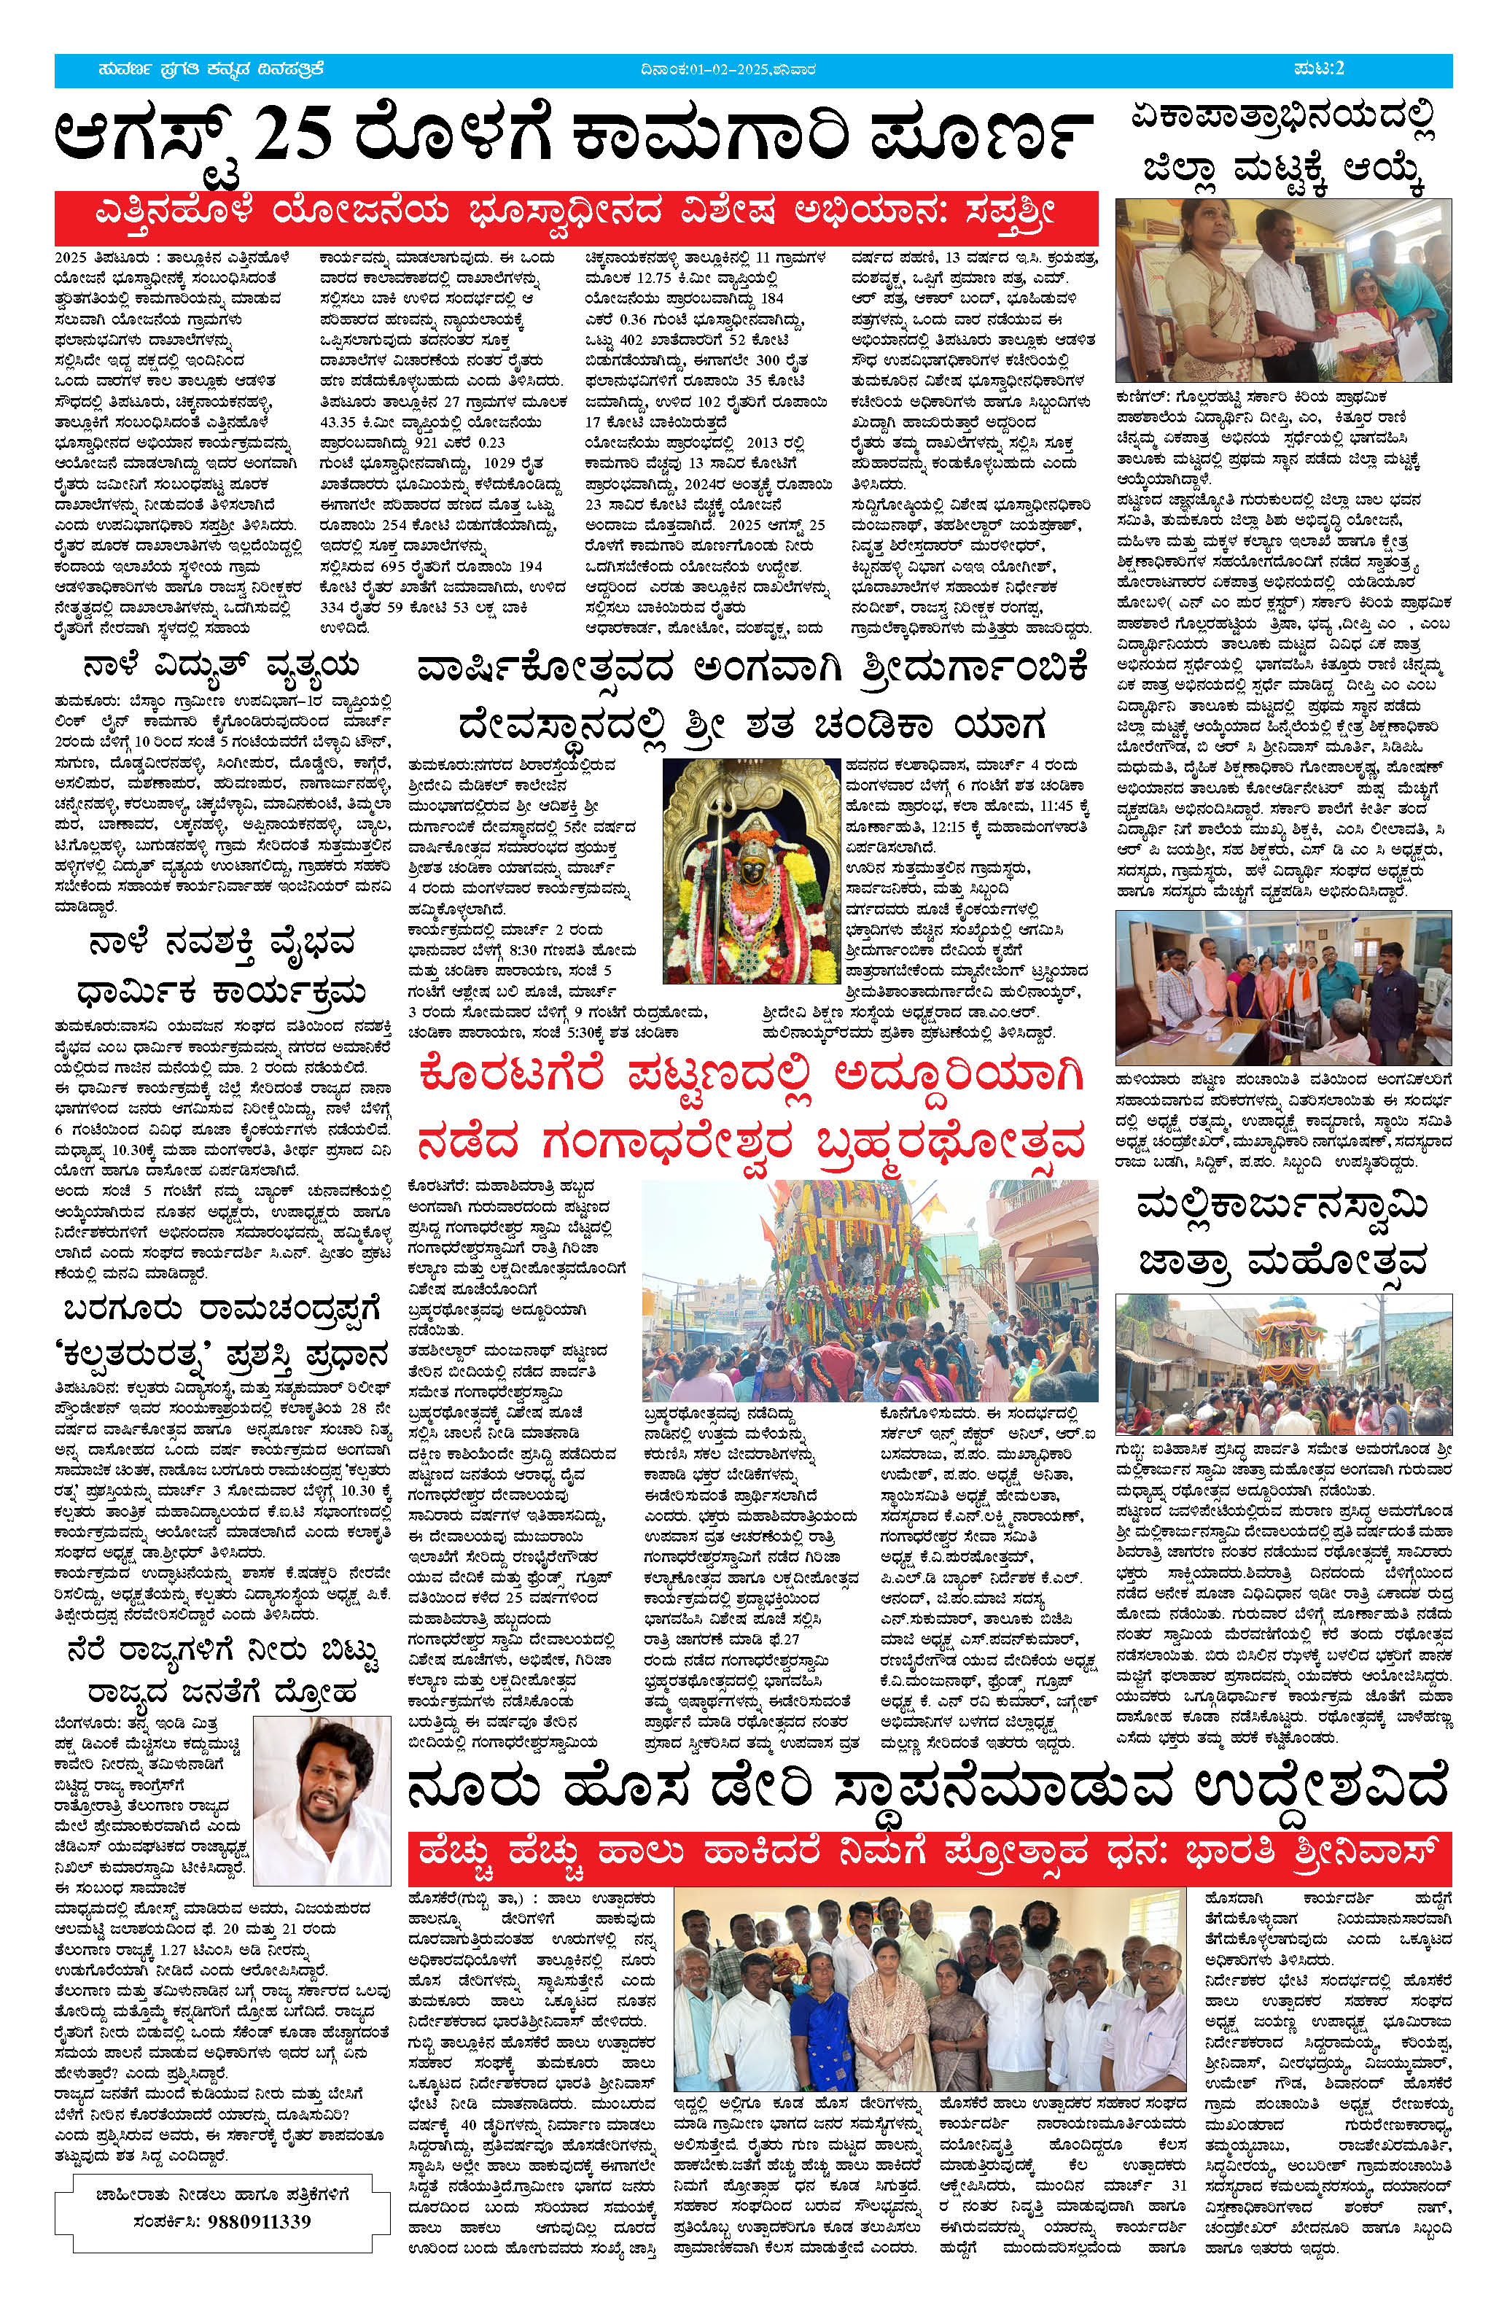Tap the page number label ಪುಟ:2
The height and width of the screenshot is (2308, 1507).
(1320, 69)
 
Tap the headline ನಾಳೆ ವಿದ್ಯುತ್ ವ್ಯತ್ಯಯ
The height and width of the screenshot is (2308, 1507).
(221, 667)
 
